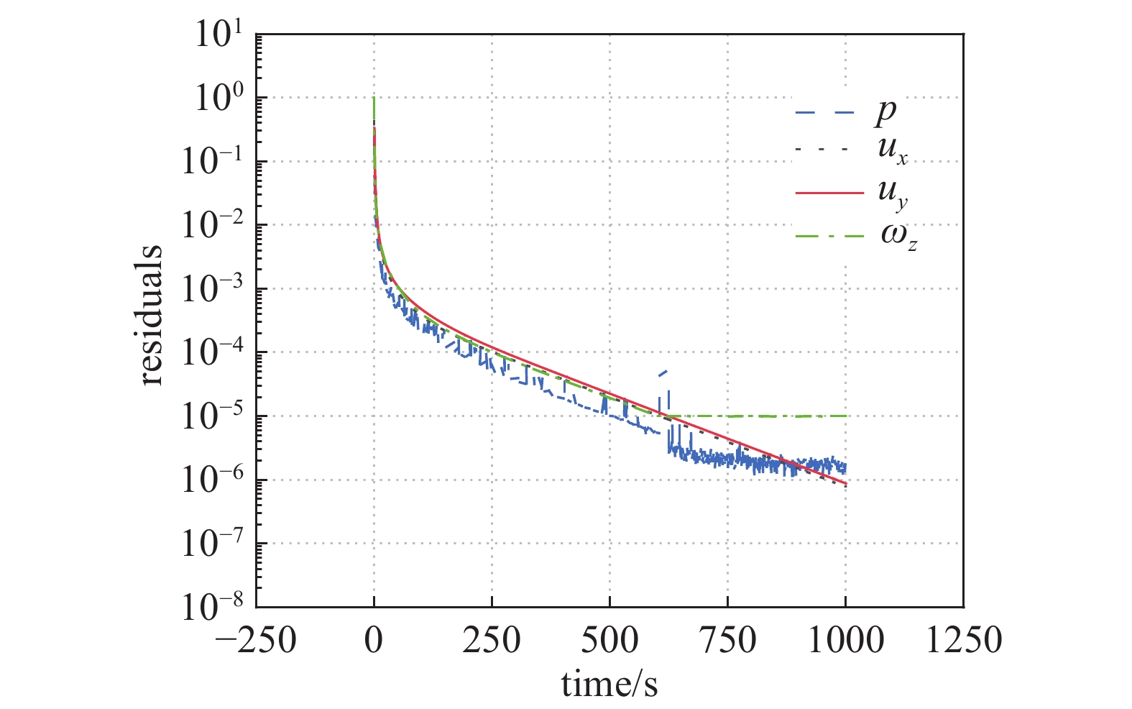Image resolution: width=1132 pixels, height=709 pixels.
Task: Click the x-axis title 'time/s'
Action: [609, 684]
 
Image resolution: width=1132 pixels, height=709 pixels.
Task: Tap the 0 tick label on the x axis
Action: [374, 639]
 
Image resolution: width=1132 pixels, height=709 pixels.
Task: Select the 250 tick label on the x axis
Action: [492, 639]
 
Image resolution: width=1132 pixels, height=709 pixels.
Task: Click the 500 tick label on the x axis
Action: [609, 639]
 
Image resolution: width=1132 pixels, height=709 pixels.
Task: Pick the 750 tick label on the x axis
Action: [727, 639]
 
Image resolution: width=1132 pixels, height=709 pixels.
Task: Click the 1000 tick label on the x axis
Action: [846, 639]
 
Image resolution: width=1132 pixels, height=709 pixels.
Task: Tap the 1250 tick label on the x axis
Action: [964, 639]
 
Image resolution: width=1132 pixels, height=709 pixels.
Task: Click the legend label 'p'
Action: [886, 112]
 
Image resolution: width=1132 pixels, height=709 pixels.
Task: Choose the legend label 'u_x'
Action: [892, 151]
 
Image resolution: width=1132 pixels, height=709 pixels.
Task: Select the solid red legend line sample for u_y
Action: [829, 193]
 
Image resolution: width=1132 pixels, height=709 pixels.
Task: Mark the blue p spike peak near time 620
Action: [666, 371]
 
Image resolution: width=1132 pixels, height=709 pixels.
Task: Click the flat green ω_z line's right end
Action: [847, 416]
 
